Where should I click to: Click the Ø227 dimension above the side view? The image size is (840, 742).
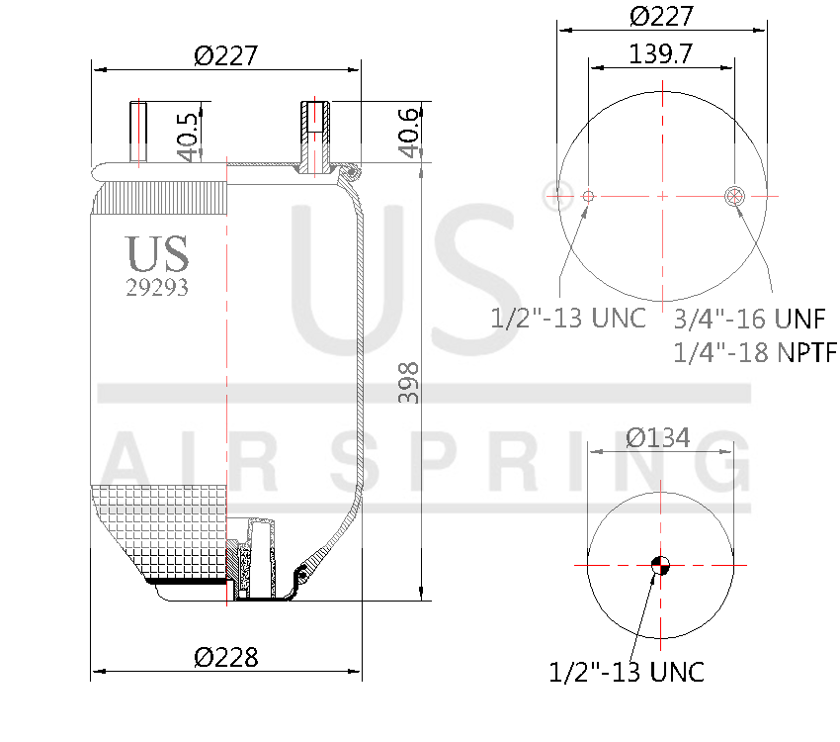click(226, 55)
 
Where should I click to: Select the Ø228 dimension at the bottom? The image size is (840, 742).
click(226, 657)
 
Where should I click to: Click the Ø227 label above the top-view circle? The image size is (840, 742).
click(661, 17)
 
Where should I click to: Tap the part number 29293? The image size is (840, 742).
click(157, 288)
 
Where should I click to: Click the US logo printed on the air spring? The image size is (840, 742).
click(157, 254)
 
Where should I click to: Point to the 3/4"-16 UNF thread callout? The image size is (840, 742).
click(749, 319)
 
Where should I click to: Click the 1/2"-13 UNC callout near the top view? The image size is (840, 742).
click(568, 318)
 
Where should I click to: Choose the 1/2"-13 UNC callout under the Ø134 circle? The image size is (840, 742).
click(627, 672)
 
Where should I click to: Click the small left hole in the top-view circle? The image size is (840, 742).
click(588, 196)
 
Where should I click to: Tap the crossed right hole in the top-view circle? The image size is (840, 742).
click(734, 196)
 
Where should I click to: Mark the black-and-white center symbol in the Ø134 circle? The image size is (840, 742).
click(660, 566)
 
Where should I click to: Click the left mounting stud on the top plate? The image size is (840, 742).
click(138, 133)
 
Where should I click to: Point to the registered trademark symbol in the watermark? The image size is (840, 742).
click(551, 194)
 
